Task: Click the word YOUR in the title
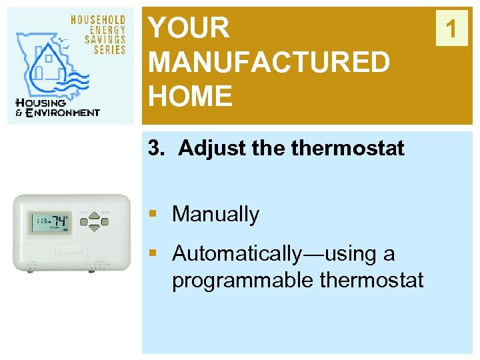(x=189, y=28)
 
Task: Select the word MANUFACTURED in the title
(x=269, y=63)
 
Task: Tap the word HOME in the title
(x=190, y=97)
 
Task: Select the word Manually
(x=215, y=214)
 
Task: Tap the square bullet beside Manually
(x=153, y=214)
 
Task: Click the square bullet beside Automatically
(x=153, y=253)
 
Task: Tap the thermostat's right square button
(x=105, y=222)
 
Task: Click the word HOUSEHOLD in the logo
(x=98, y=20)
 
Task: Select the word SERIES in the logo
(x=110, y=49)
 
